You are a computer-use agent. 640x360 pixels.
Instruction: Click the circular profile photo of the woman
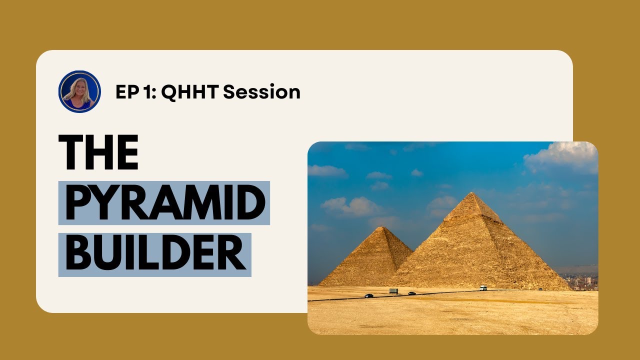tap(79, 91)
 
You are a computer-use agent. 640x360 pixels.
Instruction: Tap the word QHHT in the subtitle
tap(190, 92)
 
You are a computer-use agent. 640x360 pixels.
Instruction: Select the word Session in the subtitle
tap(261, 92)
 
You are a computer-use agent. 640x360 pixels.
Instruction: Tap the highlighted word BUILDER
tap(155, 254)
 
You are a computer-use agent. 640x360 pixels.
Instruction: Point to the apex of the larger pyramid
tap(472, 193)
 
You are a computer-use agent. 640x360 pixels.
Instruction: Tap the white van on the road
tap(483, 288)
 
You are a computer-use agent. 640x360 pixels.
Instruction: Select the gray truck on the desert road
tap(394, 291)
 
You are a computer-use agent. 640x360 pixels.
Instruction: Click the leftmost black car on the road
tap(369, 295)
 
